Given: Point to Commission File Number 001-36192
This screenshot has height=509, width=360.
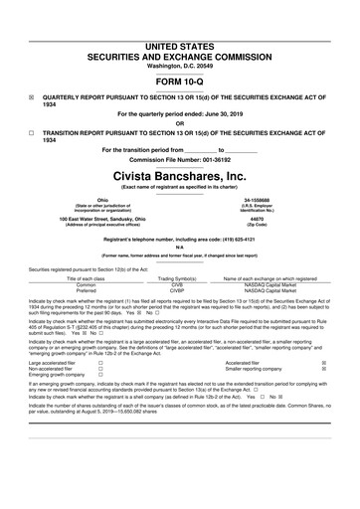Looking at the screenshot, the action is pyautogui.click(x=180, y=159).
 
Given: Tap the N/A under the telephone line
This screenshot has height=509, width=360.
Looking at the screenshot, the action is pyautogui.click(x=180, y=251).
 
